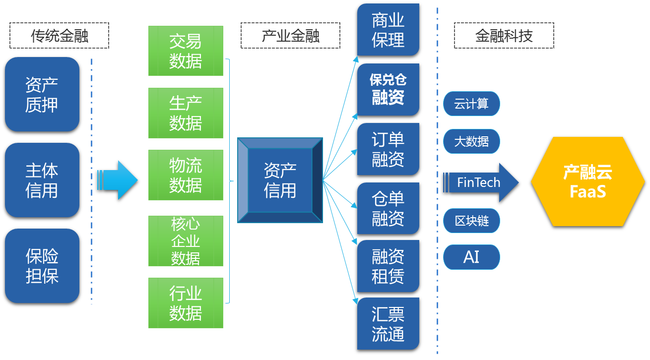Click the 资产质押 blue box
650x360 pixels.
[x=42, y=94]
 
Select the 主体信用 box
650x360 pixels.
[x=42, y=180]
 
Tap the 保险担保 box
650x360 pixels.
[x=42, y=266]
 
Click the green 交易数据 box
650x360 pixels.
[x=186, y=51]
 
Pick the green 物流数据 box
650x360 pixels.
[x=186, y=175]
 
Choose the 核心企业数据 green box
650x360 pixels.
[x=186, y=241]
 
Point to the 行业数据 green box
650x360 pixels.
[x=186, y=303]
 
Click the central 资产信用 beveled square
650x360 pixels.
[x=280, y=180]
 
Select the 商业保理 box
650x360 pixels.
[x=388, y=30]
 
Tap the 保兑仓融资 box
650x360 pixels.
[x=388, y=89]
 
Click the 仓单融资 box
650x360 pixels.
[x=388, y=208]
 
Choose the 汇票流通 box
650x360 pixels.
[x=388, y=324]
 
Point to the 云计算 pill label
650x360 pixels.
[x=471, y=104]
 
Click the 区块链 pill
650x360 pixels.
[x=471, y=221]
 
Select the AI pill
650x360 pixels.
[x=471, y=257]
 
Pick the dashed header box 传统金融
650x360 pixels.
[x=59, y=35]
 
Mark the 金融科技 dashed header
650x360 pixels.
[x=504, y=35]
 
